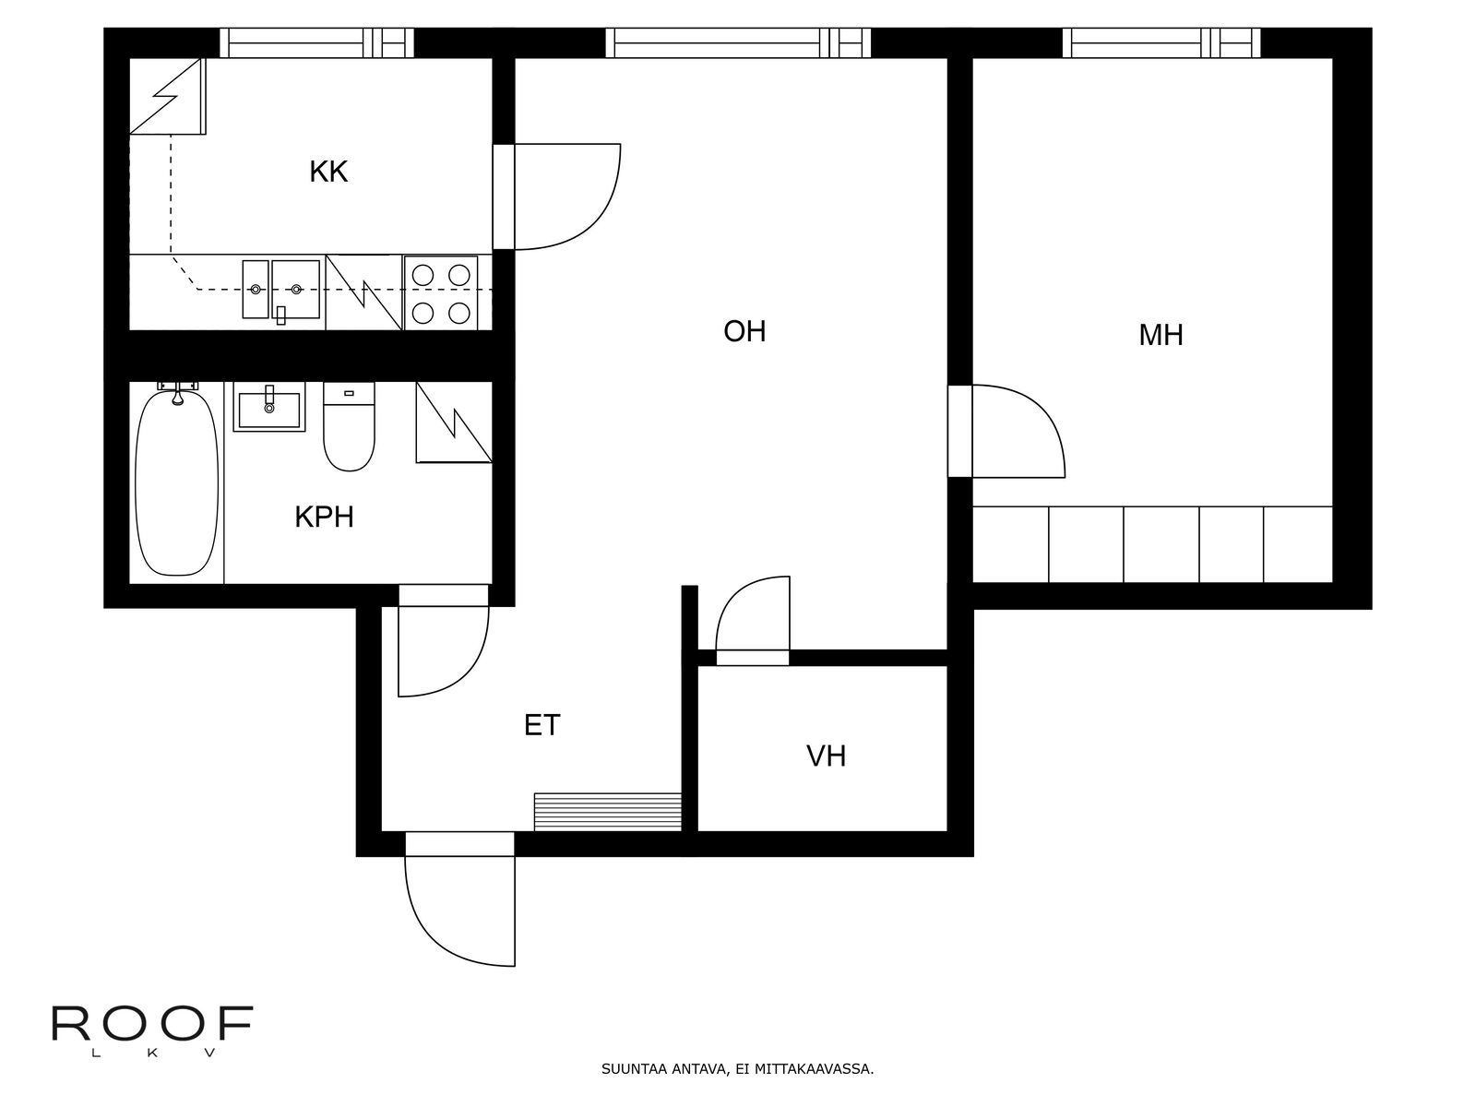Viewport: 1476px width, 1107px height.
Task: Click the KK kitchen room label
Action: (328, 173)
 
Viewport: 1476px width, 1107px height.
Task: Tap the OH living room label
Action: (744, 331)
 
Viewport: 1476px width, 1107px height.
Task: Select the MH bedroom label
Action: (1161, 336)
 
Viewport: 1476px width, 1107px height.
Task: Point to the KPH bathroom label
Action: (324, 517)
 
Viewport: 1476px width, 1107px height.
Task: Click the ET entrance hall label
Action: (542, 725)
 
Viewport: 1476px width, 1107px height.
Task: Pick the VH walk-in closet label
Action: (826, 756)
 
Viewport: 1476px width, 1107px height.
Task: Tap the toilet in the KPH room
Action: (349, 426)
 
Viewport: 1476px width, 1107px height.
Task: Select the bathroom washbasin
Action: (269, 407)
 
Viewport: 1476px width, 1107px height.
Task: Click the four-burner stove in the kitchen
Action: (440, 293)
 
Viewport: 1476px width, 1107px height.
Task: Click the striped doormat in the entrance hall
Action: (607, 812)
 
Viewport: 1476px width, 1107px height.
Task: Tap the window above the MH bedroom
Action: (1161, 43)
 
